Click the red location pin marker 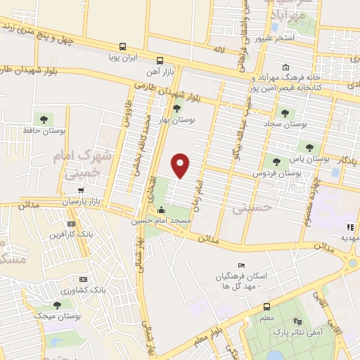point(181,165)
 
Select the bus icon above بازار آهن point(160,60)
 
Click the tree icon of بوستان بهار point(176,108)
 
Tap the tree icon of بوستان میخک point(57,305)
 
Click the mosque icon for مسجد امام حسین point(162,209)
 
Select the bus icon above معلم point(266,307)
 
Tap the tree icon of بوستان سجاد point(284,112)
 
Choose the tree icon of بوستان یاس point(309,147)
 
